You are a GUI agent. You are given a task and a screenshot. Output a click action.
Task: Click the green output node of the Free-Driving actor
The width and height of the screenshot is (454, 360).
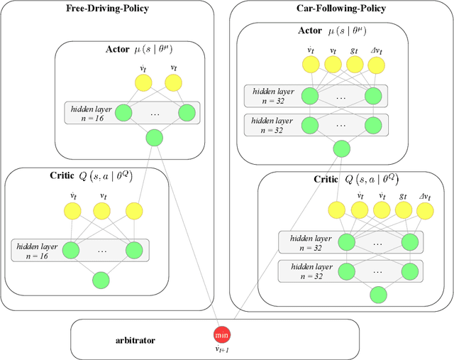[154, 138]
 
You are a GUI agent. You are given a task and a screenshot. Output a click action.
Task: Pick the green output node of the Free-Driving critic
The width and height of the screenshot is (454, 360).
[101, 280]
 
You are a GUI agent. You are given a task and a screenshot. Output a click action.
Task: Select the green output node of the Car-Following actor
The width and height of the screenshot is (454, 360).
[341, 148]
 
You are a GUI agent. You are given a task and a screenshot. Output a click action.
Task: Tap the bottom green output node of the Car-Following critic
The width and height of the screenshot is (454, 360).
[378, 294]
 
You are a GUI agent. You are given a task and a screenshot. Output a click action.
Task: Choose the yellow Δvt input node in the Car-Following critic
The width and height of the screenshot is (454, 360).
[425, 210]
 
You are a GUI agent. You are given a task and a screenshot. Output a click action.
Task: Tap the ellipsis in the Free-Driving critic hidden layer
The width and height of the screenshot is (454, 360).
[102, 250]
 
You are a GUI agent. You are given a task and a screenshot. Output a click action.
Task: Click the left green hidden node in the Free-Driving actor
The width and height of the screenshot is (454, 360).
[123, 112]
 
